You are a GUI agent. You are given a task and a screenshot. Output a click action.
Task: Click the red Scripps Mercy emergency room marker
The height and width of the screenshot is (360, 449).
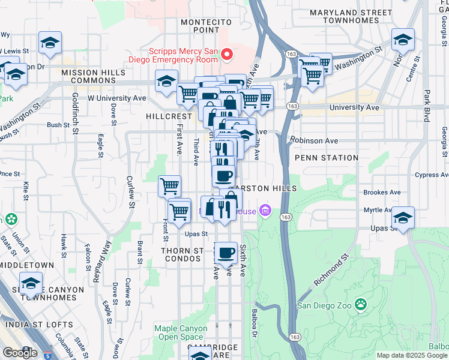pos(227,56)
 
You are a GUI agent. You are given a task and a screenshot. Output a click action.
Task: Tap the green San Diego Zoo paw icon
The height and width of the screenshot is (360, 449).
pos(360,304)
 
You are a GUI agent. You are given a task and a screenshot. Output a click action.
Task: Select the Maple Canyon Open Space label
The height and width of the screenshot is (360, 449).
pos(179,332)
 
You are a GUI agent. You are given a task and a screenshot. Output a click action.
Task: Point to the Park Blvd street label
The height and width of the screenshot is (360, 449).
pos(427,106)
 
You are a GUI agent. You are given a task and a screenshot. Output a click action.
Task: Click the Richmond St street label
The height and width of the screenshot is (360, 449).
pos(331,272)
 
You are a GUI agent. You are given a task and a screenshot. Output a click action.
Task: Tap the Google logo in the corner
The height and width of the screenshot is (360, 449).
pos(19,352)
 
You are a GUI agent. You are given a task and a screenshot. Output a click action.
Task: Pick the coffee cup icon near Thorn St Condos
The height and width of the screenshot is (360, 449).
pos(226,253)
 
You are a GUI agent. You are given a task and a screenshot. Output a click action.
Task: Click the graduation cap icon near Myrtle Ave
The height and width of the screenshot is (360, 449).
pos(403,217)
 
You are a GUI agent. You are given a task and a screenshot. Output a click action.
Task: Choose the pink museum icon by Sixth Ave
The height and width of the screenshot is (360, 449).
pos(265,210)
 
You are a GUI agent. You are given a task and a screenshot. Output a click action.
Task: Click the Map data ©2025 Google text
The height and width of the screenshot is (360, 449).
pos(412,355)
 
